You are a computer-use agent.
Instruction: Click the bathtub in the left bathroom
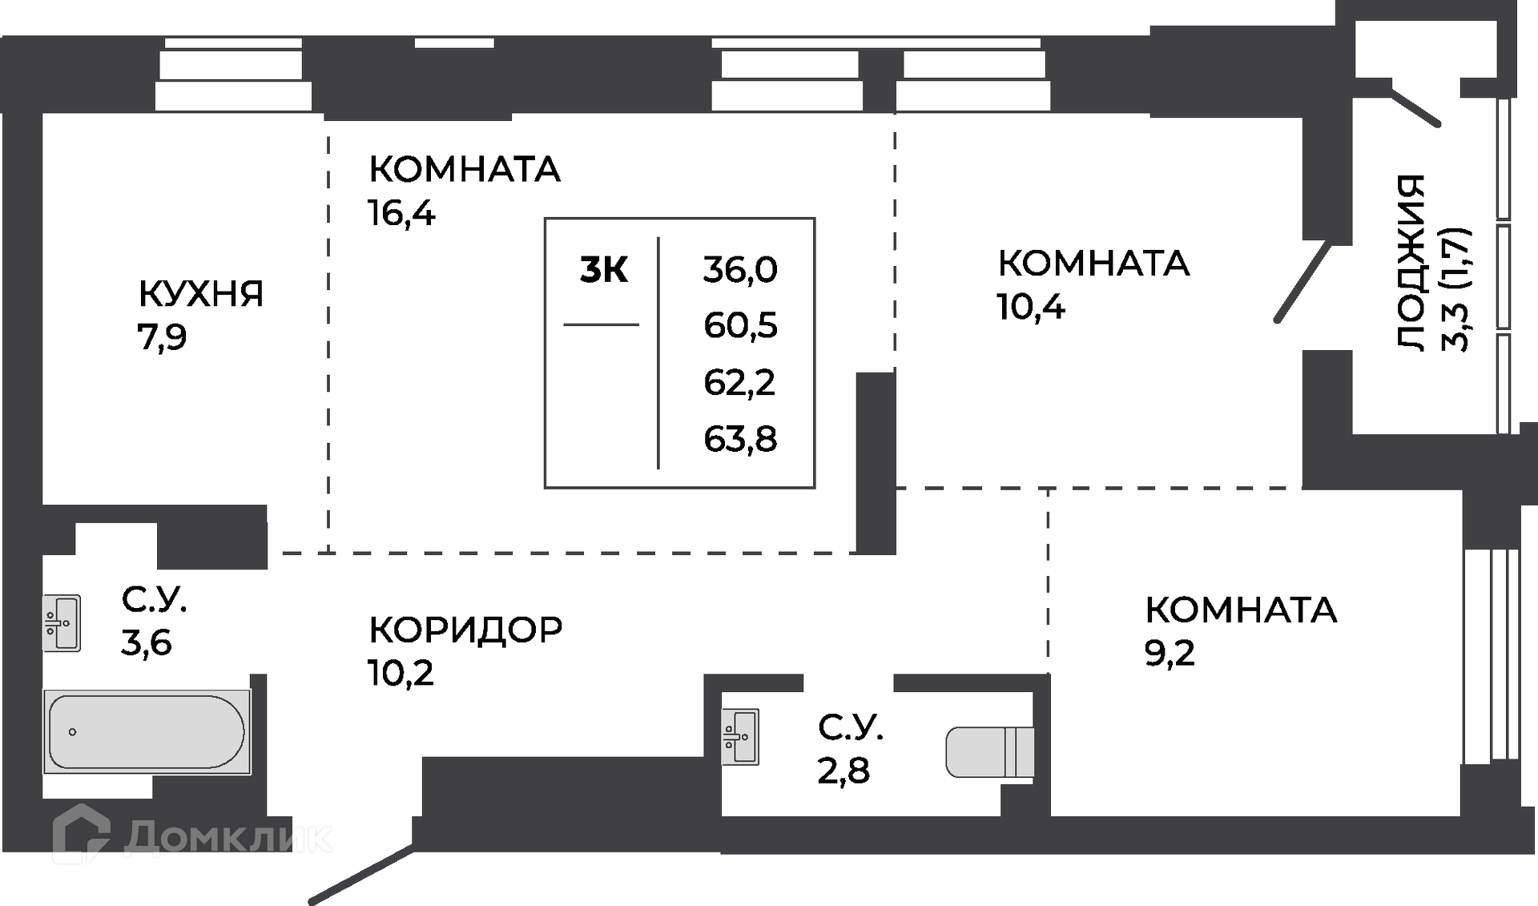(x=147, y=731)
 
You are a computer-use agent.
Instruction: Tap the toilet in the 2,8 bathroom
(x=989, y=752)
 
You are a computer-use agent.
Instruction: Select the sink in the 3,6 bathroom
(x=62, y=623)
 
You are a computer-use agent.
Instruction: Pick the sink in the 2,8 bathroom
(x=740, y=736)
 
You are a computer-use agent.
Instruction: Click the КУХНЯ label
(x=201, y=294)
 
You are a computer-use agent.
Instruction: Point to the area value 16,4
(x=401, y=213)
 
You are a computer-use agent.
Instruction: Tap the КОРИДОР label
(x=465, y=630)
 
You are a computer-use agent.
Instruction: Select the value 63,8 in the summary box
(x=740, y=439)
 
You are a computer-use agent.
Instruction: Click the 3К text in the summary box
(x=604, y=270)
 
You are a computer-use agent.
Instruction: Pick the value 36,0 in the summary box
(x=740, y=269)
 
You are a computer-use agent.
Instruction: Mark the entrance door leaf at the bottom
(x=361, y=876)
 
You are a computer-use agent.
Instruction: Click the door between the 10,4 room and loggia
(x=1302, y=282)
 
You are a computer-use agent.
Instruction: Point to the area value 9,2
(x=1170, y=653)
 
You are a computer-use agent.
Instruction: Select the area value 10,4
(x=1031, y=307)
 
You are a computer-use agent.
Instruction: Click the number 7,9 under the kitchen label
(x=162, y=337)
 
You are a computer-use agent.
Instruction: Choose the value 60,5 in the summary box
(x=740, y=326)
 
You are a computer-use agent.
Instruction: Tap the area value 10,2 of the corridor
(x=401, y=673)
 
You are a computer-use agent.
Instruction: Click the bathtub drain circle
(x=73, y=731)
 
